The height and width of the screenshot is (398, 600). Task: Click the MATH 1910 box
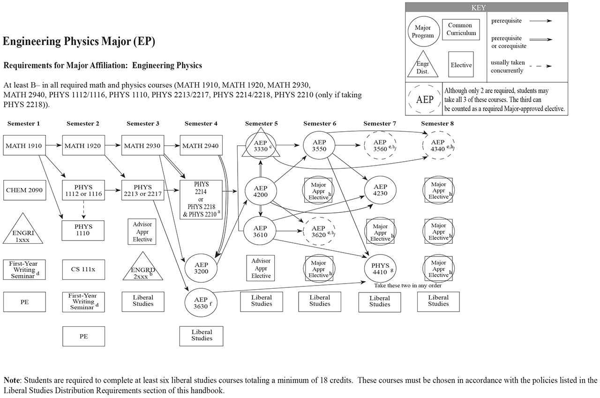coord(24,146)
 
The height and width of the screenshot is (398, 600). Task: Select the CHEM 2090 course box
coord(24,190)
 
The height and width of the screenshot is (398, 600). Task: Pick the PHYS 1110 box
coord(83,230)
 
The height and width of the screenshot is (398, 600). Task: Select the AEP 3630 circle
coord(201,303)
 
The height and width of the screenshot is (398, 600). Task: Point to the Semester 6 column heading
coord(320,124)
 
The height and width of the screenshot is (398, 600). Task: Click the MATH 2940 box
coord(201,146)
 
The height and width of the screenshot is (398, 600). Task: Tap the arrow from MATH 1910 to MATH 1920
coord(53,146)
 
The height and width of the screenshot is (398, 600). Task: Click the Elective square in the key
coord(461,65)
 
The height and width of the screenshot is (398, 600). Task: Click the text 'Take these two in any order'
coord(407,285)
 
